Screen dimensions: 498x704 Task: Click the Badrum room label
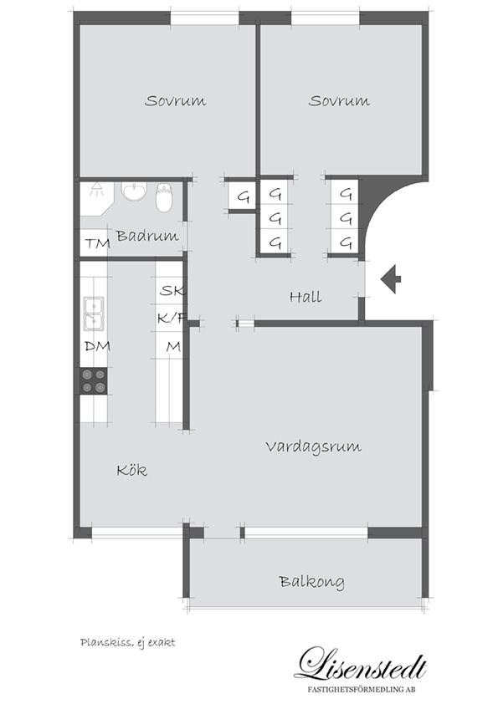pos(147,236)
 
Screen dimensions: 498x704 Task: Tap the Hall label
pos(305,296)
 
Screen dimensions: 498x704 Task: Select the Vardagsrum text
pos(313,447)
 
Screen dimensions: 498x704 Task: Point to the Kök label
pos(131,470)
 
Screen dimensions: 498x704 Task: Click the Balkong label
pos(312,582)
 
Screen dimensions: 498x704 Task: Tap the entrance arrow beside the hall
pos(391,278)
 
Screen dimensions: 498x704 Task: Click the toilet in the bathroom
pos(164,196)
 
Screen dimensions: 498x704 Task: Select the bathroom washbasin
pos(135,191)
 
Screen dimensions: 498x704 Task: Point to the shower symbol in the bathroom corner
pos(96,190)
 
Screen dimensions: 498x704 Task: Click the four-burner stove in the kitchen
pos(94,380)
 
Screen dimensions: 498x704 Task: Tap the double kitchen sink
pos(94,314)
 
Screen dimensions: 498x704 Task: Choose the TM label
pos(98,244)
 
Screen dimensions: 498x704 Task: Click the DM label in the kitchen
pos(98,346)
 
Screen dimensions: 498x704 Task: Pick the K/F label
pos(172,319)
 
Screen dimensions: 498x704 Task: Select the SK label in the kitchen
pos(172,290)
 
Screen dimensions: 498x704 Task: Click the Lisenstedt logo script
pos(361,664)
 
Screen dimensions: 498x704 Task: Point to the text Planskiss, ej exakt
pos(128,642)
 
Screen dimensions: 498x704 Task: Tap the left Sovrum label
pos(175,100)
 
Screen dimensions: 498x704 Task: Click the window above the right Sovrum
pos(326,18)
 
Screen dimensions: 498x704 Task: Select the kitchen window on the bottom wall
pos(137,532)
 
